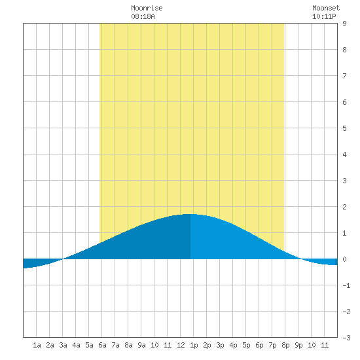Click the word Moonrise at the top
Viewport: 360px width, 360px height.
pos(147,8)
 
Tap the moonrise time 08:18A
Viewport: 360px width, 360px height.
pos(143,16)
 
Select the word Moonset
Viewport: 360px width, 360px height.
pos(326,8)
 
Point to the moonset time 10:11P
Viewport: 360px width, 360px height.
pos(324,16)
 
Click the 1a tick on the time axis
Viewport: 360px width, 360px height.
pos(37,345)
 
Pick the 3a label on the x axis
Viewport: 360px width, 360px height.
pos(63,345)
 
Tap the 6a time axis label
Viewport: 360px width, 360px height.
pos(102,345)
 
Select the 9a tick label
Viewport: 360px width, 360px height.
pos(141,345)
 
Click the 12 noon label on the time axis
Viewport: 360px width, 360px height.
pos(181,345)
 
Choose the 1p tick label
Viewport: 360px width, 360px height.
pos(194,345)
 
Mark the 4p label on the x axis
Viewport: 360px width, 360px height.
pos(233,345)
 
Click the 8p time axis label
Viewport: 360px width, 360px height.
pos(285,345)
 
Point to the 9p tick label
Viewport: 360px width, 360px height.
pos(298,345)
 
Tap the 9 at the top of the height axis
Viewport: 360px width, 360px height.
pos(344,24)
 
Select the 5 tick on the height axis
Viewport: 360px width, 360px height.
pos(344,128)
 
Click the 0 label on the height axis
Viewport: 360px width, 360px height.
pos(344,259)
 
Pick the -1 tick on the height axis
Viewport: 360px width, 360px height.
pos(346,285)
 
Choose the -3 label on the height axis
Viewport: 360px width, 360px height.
pos(346,338)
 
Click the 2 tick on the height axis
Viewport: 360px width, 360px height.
pos(344,207)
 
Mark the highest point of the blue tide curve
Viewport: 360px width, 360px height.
pos(190,214)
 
